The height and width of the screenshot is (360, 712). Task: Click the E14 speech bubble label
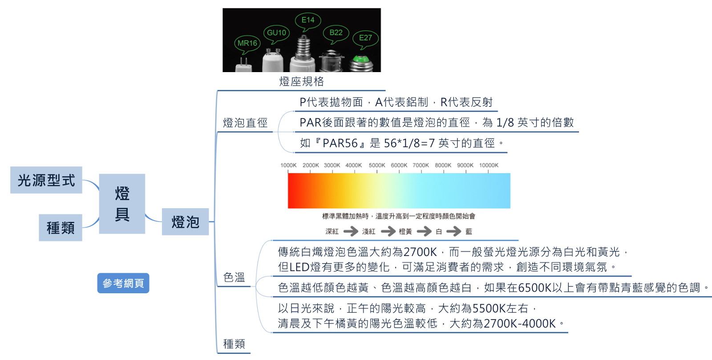pos(307,20)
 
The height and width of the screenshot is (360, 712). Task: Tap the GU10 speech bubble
pos(276,33)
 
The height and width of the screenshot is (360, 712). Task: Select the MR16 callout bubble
pos(247,43)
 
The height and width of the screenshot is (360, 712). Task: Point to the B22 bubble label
pos(336,32)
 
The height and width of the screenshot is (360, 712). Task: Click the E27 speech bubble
pos(365,38)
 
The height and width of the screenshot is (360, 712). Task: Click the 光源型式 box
pos(46,180)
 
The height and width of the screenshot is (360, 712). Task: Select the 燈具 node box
pos(122,204)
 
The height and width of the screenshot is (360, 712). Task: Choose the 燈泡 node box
pos(185,222)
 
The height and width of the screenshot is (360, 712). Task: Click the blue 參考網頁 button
pos(123,283)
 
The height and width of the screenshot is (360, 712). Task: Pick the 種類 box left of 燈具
pos(61,228)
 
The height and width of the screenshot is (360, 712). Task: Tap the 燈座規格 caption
pos(302,81)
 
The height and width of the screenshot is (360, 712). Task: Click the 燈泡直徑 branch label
pos(245,123)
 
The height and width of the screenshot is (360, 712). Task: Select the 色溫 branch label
pos(234,278)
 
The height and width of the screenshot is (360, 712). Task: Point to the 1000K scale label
pos(288,166)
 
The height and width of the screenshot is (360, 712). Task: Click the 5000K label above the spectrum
pos(377,166)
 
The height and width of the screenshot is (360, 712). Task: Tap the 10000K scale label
pos(489,166)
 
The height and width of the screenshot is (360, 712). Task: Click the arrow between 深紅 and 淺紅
pos(351,231)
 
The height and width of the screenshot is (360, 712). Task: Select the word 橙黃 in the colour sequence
pos(405,231)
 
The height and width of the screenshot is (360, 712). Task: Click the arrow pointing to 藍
pos(454,231)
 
